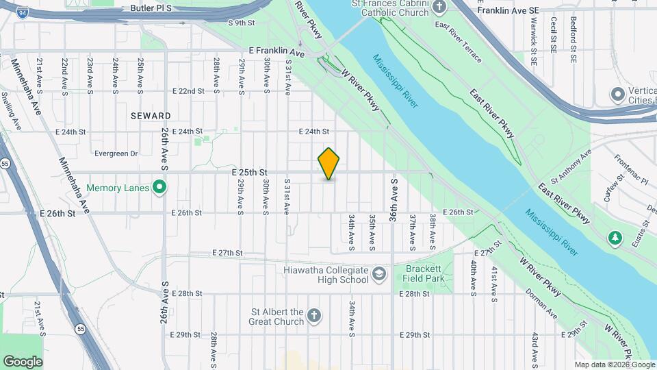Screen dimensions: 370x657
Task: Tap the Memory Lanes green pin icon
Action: pos(159,187)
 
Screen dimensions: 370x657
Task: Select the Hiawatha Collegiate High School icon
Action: pos(378,275)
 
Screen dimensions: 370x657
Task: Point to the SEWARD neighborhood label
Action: pos(151,116)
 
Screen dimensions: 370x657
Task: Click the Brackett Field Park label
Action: pos(424,274)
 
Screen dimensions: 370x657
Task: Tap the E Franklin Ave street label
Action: pos(276,51)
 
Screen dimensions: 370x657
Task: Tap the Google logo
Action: pos(23,361)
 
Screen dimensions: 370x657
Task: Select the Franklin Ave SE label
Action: pos(508,10)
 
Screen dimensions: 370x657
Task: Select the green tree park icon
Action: pos(615,237)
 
